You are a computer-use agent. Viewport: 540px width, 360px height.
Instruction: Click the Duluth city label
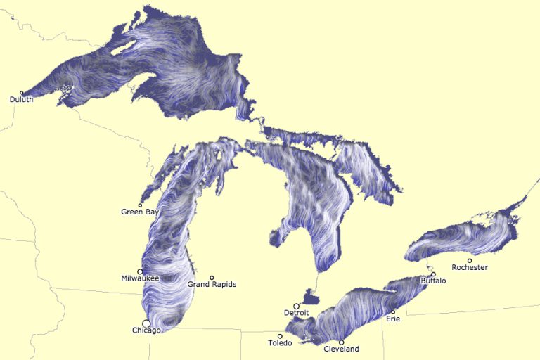coord(21,100)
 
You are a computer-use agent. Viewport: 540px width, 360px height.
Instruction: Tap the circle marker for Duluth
coord(22,92)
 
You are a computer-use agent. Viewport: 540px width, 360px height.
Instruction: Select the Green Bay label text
coord(139,212)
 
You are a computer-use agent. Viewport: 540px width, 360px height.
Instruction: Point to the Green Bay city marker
coord(140,205)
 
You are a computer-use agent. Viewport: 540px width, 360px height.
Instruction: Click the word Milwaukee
coord(140,278)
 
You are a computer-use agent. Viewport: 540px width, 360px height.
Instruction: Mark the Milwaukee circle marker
coord(140,271)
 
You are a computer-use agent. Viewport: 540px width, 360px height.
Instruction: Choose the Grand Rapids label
coord(212,285)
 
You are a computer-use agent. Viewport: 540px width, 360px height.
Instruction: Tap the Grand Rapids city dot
coord(212,277)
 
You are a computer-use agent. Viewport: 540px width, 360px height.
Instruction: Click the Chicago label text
coord(147,330)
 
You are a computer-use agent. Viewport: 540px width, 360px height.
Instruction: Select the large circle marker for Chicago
coord(146,323)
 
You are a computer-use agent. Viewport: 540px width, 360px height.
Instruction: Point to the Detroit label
coord(296,313)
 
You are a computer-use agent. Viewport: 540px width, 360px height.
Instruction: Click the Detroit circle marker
coord(296,306)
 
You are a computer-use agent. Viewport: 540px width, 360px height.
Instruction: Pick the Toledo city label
coord(280,343)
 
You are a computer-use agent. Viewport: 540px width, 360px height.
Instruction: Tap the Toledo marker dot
coord(280,336)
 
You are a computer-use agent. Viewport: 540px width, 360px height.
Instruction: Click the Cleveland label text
coord(341,349)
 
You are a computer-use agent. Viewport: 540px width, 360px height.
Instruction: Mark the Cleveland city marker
coord(342,342)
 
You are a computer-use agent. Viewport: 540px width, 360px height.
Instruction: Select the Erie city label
coord(393,319)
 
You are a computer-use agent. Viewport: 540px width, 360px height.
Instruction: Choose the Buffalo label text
coord(433,281)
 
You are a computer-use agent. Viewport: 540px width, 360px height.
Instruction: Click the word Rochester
coord(470,268)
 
